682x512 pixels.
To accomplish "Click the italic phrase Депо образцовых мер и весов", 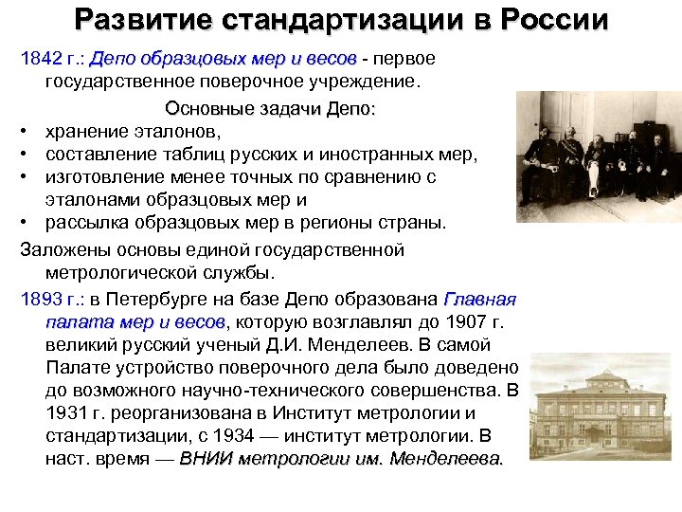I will pos(224,59).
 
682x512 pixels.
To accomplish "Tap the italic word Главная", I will pos(479,300).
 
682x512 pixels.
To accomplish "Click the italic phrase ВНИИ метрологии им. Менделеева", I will pos(341,459).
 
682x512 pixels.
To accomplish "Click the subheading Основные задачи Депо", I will pos(270,108).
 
